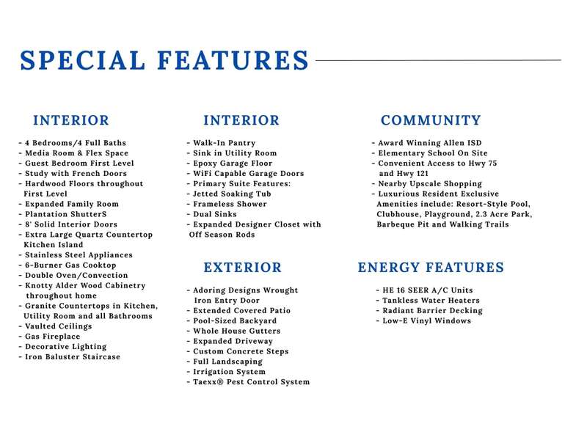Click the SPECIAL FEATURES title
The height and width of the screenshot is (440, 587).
point(165,60)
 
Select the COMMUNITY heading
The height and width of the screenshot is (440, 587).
point(431,120)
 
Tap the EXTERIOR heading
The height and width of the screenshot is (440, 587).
point(242,268)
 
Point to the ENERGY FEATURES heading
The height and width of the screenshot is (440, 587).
point(431,268)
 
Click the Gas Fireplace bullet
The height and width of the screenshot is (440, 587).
point(55,337)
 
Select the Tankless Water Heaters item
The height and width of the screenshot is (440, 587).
point(427,301)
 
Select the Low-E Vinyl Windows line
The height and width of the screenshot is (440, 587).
point(423,321)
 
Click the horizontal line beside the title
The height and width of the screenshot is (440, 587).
point(438,60)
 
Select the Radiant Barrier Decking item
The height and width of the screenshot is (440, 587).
point(429,311)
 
